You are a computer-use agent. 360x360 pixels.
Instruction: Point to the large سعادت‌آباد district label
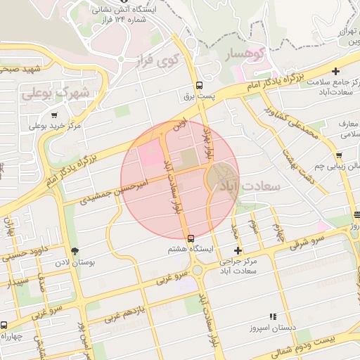point(250,186)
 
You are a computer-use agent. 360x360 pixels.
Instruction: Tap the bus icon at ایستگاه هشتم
point(190,238)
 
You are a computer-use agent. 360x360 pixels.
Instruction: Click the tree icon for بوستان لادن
point(75,251)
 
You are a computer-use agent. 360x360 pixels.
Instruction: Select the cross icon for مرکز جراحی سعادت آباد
point(238,250)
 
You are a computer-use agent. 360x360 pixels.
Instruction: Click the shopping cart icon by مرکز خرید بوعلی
point(54,115)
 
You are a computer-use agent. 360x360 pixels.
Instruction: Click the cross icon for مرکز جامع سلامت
point(336,71)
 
